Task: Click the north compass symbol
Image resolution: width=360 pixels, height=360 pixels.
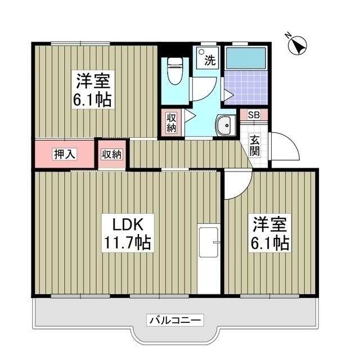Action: coord(296,44)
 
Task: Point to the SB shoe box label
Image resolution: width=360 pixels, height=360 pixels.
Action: coord(254,115)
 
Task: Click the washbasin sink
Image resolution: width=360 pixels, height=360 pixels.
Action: coord(226,125)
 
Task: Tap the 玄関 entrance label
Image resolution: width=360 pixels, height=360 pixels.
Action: coord(255,146)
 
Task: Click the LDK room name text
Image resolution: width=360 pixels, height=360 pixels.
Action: coord(127,224)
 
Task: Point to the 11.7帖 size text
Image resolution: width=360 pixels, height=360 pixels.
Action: coord(127,244)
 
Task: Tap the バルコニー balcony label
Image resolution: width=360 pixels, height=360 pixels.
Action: coord(175,320)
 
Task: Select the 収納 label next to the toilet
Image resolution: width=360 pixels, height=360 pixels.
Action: coord(172,123)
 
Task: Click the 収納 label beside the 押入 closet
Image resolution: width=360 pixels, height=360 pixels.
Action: coord(112,154)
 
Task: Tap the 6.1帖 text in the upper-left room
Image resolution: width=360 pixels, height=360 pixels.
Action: coord(93,100)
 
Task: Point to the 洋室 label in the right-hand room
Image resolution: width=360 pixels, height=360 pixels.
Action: coord(269,224)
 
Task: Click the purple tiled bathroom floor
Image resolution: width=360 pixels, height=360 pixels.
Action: coord(245,87)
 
